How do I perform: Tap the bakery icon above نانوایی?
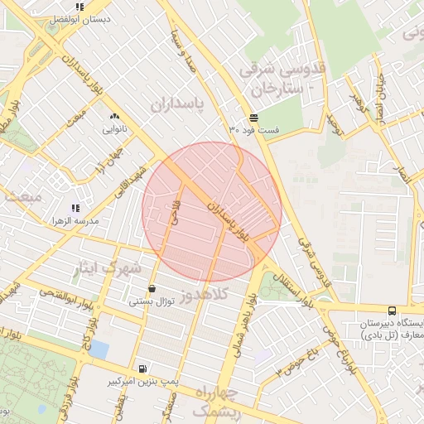[x=113, y=117]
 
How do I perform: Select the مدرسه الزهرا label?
[x=75, y=220]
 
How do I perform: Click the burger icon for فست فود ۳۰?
[x=253, y=118]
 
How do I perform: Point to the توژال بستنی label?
[x=151, y=301]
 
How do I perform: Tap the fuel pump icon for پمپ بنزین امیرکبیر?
[x=145, y=369]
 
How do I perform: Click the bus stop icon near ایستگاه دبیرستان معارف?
[x=392, y=311]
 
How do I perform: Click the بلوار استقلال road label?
[x=296, y=289]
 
